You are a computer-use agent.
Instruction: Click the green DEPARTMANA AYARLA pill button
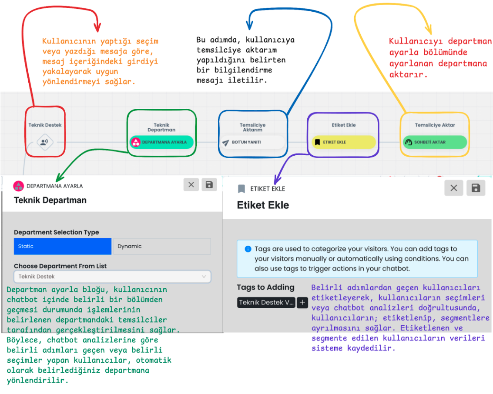(x=161, y=142)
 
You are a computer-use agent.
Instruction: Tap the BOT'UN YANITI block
(x=253, y=142)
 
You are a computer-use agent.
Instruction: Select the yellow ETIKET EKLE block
(x=344, y=142)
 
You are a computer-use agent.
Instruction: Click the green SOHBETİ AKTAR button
(x=435, y=142)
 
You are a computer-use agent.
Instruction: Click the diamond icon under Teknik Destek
(x=45, y=142)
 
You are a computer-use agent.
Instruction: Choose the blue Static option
(x=63, y=246)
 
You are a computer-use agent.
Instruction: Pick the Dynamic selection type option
(x=162, y=246)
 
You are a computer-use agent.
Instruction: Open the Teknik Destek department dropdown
(x=112, y=277)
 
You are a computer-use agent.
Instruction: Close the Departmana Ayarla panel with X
(x=191, y=185)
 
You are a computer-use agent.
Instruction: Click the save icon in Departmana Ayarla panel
(x=209, y=185)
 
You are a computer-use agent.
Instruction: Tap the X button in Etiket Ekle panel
(x=454, y=188)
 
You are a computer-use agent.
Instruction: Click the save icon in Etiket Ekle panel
(x=476, y=188)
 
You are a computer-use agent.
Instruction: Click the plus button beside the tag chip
(x=302, y=302)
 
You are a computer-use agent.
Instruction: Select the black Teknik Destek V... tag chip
(x=266, y=302)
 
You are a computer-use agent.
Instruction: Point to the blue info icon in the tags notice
(x=248, y=249)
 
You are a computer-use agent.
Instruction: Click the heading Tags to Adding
(x=266, y=287)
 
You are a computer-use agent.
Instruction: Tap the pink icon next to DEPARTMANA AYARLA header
(x=19, y=186)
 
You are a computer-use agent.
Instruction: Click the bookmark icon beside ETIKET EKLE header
(x=241, y=189)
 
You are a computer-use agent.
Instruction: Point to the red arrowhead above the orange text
(x=97, y=27)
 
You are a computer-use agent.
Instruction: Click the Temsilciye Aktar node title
(x=435, y=125)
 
